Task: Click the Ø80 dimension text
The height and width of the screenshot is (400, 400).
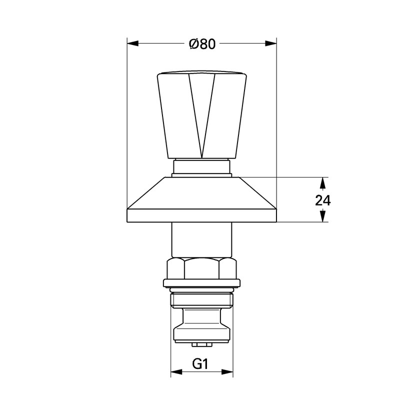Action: pos(202,44)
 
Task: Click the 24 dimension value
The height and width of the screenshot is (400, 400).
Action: pos(323,200)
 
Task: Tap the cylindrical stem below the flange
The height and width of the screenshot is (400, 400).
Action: pos(202,240)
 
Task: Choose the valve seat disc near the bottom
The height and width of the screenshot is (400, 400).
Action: pos(202,332)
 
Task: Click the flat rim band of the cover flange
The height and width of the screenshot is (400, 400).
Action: pos(202,215)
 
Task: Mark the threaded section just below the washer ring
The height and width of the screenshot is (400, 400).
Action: pos(202,300)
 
